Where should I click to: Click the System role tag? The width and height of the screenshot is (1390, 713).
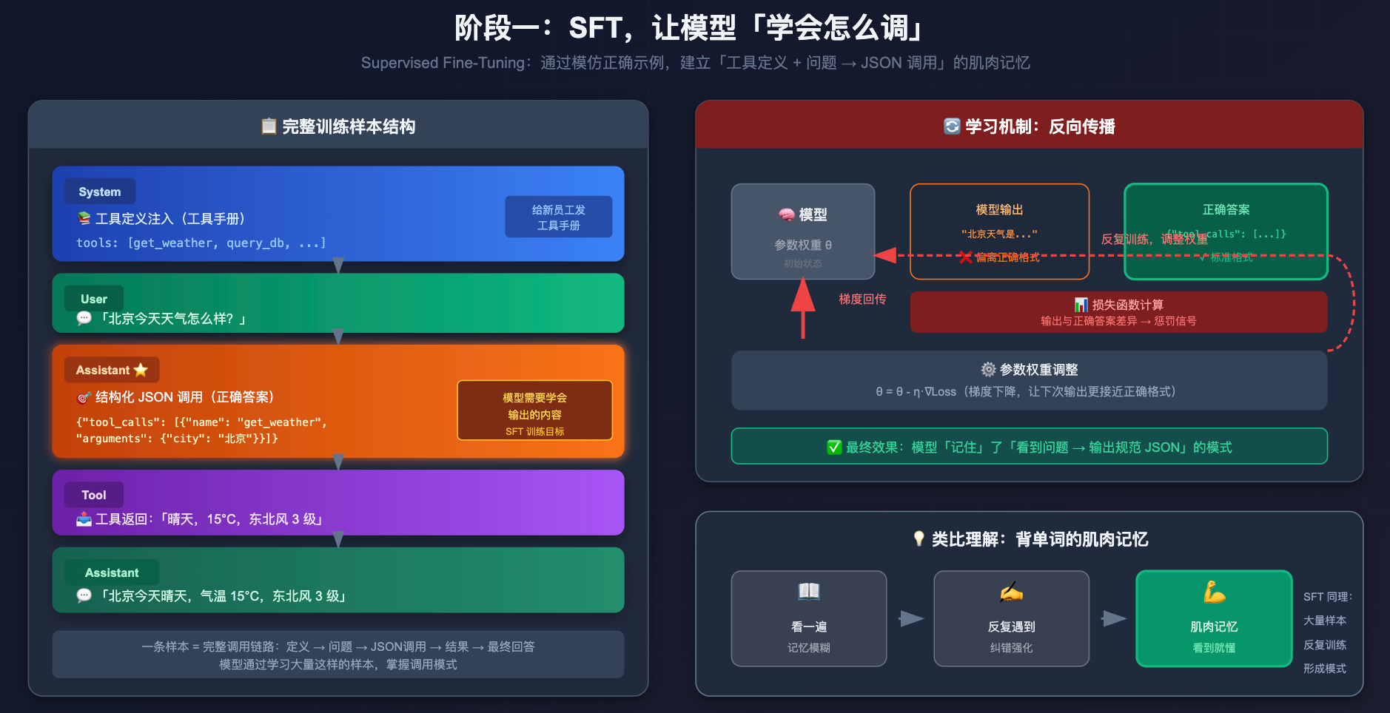(x=100, y=192)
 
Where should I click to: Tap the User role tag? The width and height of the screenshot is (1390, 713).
(x=94, y=299)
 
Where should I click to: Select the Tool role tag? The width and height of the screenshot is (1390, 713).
(x=94, y=495)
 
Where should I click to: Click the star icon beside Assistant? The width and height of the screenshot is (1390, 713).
(x=141, y=370)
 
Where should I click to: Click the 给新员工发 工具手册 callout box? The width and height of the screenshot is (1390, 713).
(x=558, y=217)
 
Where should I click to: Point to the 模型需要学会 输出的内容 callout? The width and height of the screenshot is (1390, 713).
(x=534, y=410)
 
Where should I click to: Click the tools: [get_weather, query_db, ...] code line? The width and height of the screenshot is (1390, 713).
(x=201, y=243)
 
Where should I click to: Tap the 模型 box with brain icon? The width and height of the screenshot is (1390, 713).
(x=802, y=231)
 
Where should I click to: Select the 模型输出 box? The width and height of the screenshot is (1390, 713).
(x=999, y=231)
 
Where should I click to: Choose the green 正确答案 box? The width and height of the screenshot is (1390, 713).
(x=1226, y=231)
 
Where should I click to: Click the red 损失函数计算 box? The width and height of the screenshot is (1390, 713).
(x=1118, y=311)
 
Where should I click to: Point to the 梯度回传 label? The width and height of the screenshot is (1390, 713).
(x=862, y=299)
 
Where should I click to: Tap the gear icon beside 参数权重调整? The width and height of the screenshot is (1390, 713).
(x=988, y=369)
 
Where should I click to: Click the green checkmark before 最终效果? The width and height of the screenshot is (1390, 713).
(x=834, y=447)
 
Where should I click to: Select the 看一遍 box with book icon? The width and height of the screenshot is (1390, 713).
(x=808, y=618)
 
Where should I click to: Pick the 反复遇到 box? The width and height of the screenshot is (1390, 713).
(x=1011, y=618)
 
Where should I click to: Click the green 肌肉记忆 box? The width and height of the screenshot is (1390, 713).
(x=1214, y=618)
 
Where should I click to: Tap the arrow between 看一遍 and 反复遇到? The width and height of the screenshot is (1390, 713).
(x=911, y=618)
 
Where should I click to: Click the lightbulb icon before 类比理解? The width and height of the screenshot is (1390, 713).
(x=919, y=538)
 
